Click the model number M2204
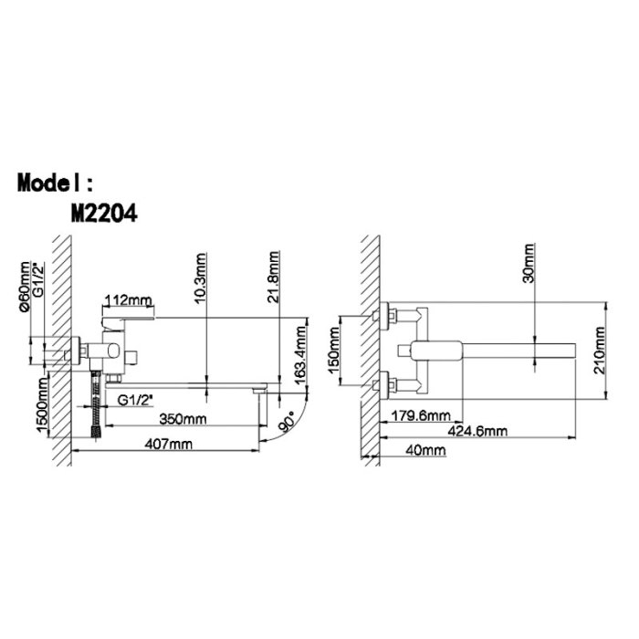104,213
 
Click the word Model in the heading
49,183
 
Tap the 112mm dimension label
128,300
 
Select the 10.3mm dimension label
201,278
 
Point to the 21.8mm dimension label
274,277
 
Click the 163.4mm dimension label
300,356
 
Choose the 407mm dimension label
168,444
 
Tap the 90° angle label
287,422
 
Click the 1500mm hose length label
42,404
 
